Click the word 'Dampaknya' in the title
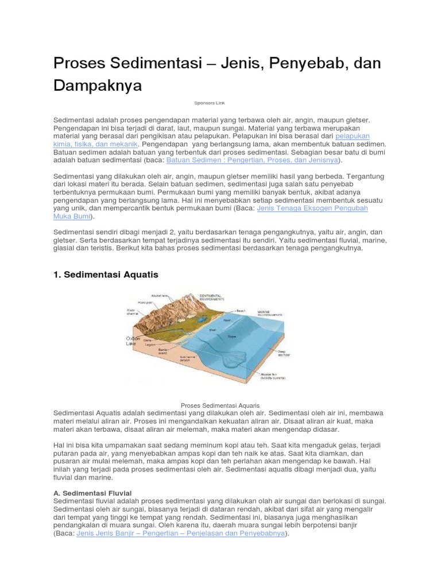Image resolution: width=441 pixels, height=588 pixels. tap(97, 86)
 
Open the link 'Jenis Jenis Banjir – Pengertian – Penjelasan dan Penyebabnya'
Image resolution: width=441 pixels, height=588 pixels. tap(180, 533)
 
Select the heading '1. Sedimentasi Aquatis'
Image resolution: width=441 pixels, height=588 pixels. tap(105, 274)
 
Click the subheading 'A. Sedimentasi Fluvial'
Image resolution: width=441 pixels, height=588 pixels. tap(92, 493)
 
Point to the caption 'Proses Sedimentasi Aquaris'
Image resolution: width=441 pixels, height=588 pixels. tap(220, 405)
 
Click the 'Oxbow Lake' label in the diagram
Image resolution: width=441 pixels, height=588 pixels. tap(133, 342)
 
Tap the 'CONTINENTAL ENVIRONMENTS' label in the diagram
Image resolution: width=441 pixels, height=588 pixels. tap(211, 297)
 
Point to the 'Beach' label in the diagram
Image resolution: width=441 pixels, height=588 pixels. tap(241, 311)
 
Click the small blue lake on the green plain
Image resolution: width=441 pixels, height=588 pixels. tap(202, 317)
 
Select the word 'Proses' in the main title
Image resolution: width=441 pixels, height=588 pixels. tap(83, 63)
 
